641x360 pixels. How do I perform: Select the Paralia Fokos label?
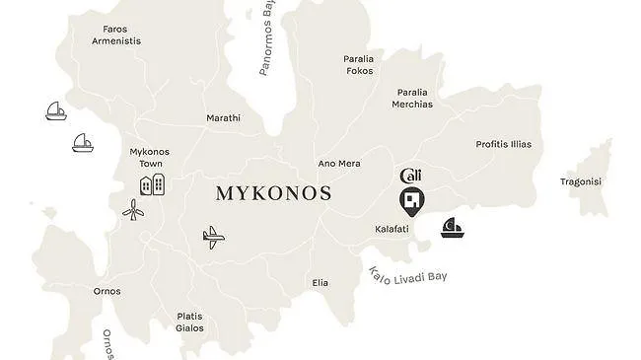pyautogui.click(x=359, y=64)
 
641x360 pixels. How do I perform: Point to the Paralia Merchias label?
pyautogui.click(x=412, y=98)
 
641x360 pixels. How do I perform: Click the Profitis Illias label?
pyautogui.click(x=503, y=144)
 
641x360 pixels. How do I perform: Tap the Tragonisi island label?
pyautogui.click(x=581, y=181)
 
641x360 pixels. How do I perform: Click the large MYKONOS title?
pyautogui.click(x=273, y=193)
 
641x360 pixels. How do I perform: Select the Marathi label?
pyautogui.click(x=223, y=118)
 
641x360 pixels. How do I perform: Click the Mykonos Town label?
pyautogui.click(x=150, y=158)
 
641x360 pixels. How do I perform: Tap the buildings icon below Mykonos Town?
pyautogui.click(x=151, y=183)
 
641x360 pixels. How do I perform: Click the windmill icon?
pyautogui.click(x=133, y=209)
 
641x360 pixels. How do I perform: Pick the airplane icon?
pyautogui.click(x=212, y=237)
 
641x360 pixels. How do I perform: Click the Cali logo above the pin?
pyautogui.click(x=411, y=176)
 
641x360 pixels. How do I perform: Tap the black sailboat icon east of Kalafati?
pyautogui.click(x=454, y=228)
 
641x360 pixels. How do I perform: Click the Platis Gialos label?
pyautogui.click(x=189, y=323)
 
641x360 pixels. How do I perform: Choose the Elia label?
pyautogui.click(x=320, y=283)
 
